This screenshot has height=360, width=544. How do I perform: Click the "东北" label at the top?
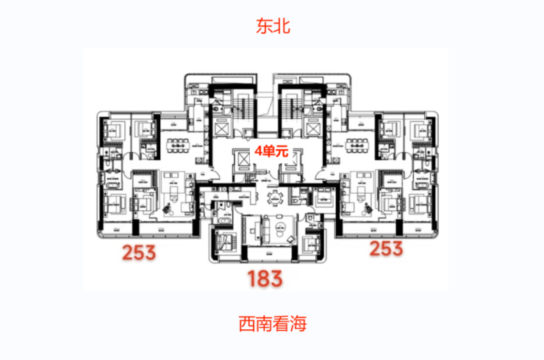(x=273, y=27)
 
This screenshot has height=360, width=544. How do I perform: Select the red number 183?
(x=265, y=279)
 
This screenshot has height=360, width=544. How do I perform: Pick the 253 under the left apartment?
(x=139, y=253)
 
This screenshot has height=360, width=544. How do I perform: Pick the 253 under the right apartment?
(x=385, y=248)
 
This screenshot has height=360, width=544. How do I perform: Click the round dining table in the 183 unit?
(x=275, y=196)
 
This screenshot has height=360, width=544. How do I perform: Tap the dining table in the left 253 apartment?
(x=178, y=144)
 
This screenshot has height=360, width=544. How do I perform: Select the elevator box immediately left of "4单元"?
(x=240, y=157)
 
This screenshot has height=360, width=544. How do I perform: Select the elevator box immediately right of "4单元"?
(x=293, y=157)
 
